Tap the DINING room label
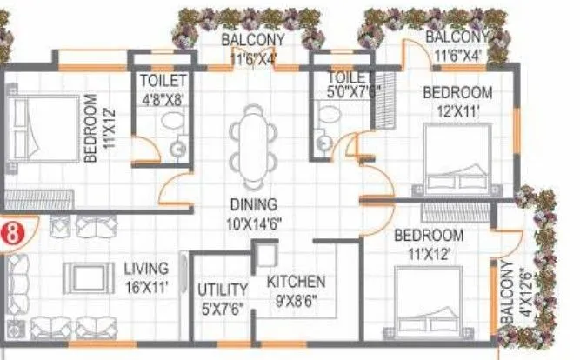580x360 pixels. coord(254,205)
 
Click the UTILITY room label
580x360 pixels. coord(223,290)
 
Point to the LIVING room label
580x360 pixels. coord(145,268)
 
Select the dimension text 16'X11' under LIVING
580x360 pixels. coord(145,284)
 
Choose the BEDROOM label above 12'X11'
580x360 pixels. coord(457,92)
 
